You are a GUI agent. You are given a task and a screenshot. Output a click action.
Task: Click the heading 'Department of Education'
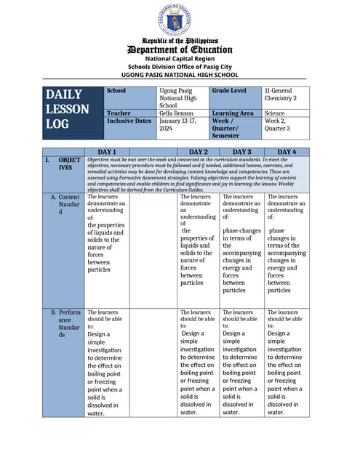[180, 49]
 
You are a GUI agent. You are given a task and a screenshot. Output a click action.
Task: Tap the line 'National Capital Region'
[180, 58]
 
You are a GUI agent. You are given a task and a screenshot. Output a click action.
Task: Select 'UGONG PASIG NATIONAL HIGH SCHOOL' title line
[180, 74]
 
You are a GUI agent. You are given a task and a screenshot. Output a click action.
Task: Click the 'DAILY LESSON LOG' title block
[68, 109]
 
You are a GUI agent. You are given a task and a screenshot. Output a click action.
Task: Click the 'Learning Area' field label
[233, 113]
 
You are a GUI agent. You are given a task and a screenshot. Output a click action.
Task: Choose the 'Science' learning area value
[274, 113]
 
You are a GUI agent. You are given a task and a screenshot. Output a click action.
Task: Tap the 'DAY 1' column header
[108, 152]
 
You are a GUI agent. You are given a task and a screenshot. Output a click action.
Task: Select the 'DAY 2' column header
[199, 152]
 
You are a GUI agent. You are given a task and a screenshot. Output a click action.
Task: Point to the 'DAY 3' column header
[241, 152]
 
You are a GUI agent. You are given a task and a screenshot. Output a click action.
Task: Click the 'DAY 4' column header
[287, 152]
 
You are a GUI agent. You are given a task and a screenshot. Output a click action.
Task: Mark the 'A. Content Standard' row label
[68, 204]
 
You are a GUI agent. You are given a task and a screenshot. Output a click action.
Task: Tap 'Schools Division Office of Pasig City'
[180, 66]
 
